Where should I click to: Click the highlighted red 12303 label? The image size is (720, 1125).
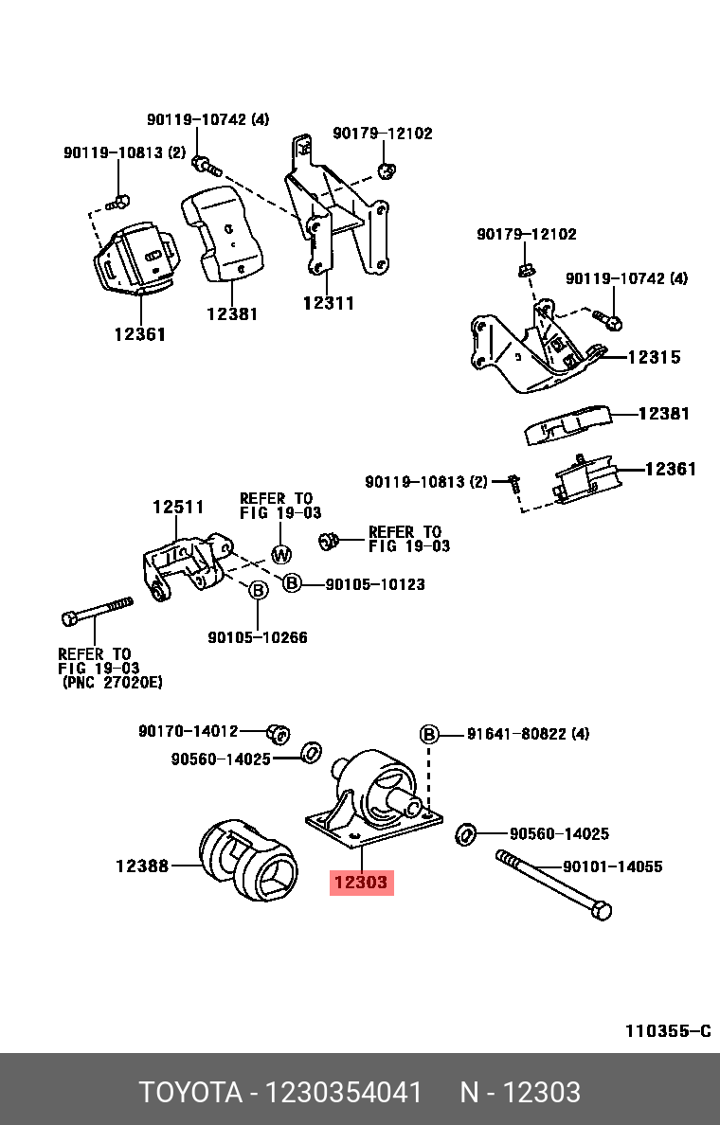pyautogui.click(x=360, y=883)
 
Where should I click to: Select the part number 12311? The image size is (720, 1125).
pyautogui.click(x=328, y=303)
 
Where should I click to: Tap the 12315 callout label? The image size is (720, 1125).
pyautogui.click(x=654, y=357)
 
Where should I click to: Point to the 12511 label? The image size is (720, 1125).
pyautogui.click(x=178, y=507)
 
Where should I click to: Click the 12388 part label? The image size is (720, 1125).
pyautogui.click(x=143, y=865)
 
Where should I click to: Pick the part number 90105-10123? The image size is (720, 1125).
pyautogui.click(x=374, y=584)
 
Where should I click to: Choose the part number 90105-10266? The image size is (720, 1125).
pyautogui.click(x=258, y=637)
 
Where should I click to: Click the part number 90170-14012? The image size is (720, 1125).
pyautogui.click(x=188, y=731)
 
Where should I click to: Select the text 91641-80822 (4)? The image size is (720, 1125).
pyautogui.click(x=528, y=734)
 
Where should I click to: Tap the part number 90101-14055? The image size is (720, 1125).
pyautogui.click(x=612, y=866)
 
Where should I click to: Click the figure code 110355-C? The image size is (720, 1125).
pyautogui.click(x=667, y=1031)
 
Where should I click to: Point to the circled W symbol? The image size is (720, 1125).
pyautogui.click(x=281, y=554)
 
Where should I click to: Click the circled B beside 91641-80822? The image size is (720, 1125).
pyautogui.click(x=429, y=734)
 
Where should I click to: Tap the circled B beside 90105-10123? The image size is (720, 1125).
pyautogui.click(x=292, y=584)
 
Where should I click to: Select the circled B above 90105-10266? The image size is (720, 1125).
pyautogui.click(x=258, y=590)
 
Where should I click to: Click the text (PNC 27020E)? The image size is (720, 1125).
pyautogui.click(x=112, y=681)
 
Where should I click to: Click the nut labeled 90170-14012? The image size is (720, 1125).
pyautogui.click(x=278, y=732)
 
